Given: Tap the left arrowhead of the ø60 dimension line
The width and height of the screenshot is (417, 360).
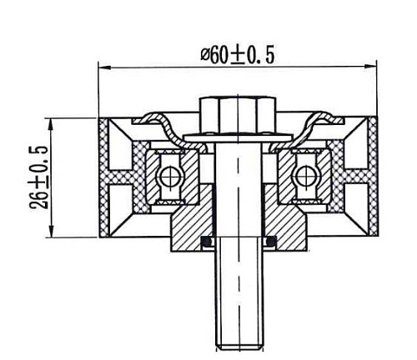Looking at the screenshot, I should [103, 67].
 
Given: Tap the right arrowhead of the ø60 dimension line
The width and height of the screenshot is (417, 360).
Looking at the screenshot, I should [374, 67].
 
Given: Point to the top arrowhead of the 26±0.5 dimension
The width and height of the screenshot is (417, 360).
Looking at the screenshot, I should [54, 122].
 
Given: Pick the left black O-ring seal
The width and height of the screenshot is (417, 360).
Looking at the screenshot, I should [208, 242].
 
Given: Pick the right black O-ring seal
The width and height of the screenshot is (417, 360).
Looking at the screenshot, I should [269, 242].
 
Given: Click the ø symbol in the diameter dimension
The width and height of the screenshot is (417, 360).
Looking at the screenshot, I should [207, 55].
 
